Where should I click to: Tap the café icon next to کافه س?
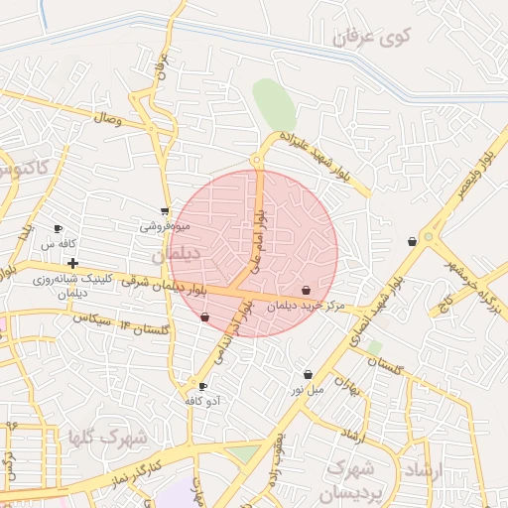coord(58,228)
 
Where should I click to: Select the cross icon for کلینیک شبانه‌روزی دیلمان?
coord(73,263)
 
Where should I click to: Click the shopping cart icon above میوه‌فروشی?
coord(165,211)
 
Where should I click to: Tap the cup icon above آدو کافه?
coord(203,386)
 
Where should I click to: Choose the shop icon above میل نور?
coord(309,375)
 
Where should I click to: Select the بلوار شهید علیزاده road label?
coord(315,157)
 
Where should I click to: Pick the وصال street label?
coord(107,119)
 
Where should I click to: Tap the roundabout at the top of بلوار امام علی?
coord(257,159)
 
